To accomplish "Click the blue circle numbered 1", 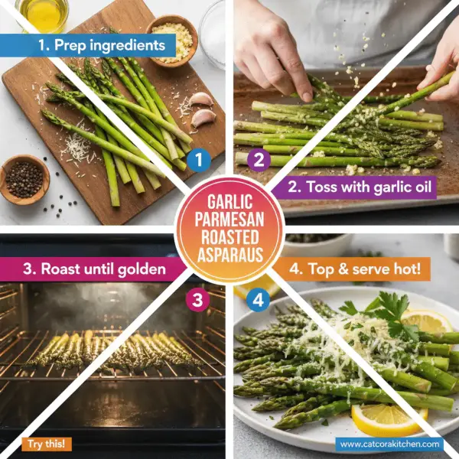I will click(199, 159).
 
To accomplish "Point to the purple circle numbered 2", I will click(259, 159).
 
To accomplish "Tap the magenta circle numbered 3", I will click(199, 300).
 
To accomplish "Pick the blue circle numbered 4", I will click(259, 300).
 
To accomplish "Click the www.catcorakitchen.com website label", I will click(389, 443).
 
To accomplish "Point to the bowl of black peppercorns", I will click(24, 177).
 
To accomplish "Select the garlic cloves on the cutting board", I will click(201, 109).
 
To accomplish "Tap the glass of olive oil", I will click(42, 13).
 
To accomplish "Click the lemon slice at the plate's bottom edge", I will click(389, 418).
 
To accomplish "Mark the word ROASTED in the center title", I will click(229, 236).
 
